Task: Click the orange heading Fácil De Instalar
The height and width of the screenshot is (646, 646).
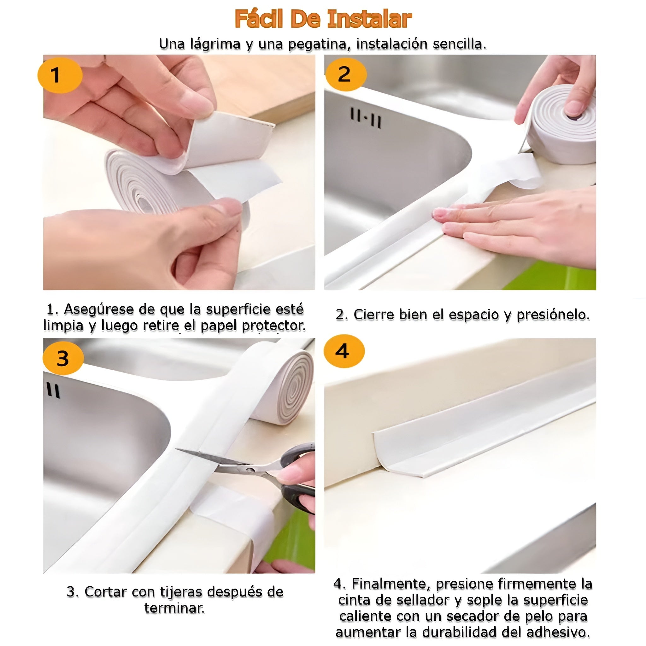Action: coord(323,19)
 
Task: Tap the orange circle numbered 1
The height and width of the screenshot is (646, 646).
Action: coord(60,75)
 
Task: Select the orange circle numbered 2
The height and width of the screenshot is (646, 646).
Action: coord(346,74)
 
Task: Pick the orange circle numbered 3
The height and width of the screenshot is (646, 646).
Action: coord(63,358)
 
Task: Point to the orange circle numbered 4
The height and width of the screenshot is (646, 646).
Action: coord(344,351)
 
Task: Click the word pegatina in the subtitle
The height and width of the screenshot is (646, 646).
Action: coord(319,44)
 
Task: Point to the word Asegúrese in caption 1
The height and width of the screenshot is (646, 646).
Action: coord(99,310)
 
